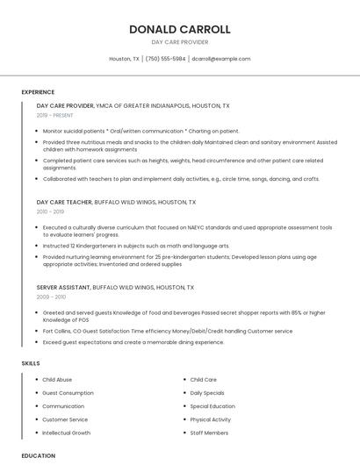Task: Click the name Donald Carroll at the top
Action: click(180, 29)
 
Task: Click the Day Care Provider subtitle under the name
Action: click(180, 42)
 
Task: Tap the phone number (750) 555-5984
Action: click(165, 59)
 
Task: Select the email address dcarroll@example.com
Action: click(220, 59)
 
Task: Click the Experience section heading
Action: click(38, 92)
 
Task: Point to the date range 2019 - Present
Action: click(54, 115)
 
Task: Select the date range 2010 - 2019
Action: click(50, 211)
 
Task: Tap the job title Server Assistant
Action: click(63, 287)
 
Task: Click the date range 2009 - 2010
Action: click(50, 297)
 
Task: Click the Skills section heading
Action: click(31, 362)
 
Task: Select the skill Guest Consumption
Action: click(68, 393)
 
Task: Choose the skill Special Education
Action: click(212, 406)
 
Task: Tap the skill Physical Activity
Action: click(211, 419)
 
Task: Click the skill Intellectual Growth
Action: click(66, 433)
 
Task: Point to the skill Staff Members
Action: click(209, 433)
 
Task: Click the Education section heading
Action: click(38, 455)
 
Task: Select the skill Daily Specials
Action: click(207, 393)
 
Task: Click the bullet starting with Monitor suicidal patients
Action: click(140, 131)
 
